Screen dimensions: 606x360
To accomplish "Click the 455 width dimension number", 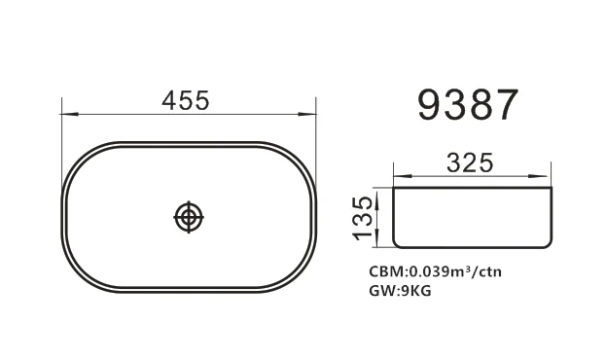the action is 186,100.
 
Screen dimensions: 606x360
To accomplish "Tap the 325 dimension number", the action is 470,162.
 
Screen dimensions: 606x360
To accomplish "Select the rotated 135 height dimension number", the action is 363,218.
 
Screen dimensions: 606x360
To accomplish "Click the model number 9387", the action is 468,105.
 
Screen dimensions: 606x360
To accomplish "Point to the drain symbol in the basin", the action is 189,217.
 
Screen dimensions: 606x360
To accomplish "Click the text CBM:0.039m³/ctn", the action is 435,271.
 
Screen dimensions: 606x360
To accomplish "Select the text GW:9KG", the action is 400,290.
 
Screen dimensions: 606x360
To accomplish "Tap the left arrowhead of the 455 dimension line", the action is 70,114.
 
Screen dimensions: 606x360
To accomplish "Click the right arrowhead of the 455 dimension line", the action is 307,114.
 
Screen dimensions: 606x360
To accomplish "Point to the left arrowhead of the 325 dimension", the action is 402,176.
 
